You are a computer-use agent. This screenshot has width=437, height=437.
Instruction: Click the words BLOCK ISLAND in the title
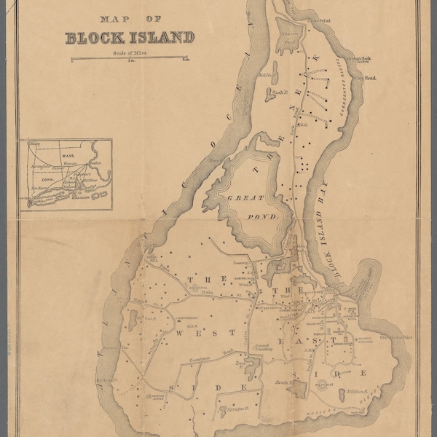click(x=130, y=38)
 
